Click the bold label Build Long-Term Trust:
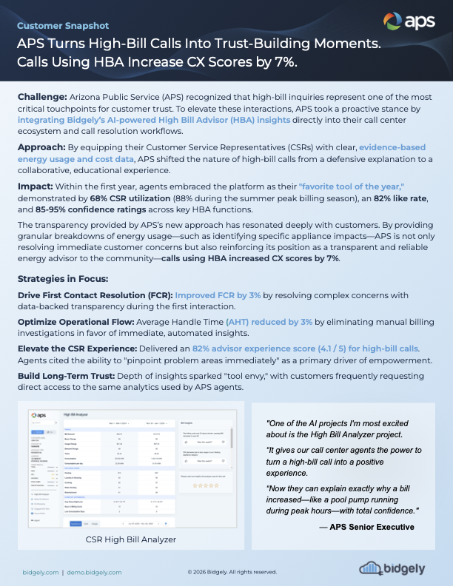click(x=74, y=376)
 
